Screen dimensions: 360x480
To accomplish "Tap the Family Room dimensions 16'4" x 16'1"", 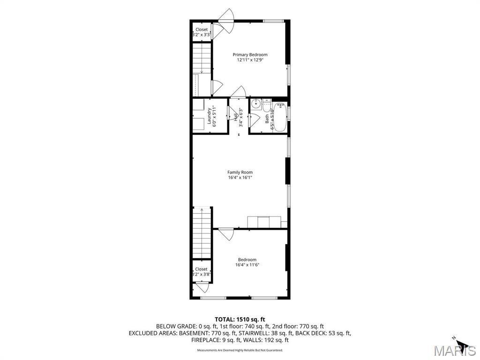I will click(240, 178).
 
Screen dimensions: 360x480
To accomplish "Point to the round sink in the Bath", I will click(256, 105).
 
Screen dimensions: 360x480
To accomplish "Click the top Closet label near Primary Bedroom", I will click(202, 30).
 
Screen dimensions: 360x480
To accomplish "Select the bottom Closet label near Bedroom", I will click(201, 269).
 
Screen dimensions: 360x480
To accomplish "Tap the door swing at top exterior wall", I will click(229, 15).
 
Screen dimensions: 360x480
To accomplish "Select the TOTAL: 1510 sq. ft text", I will click(240, 319).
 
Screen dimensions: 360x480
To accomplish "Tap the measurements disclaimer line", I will click(240, 350).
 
